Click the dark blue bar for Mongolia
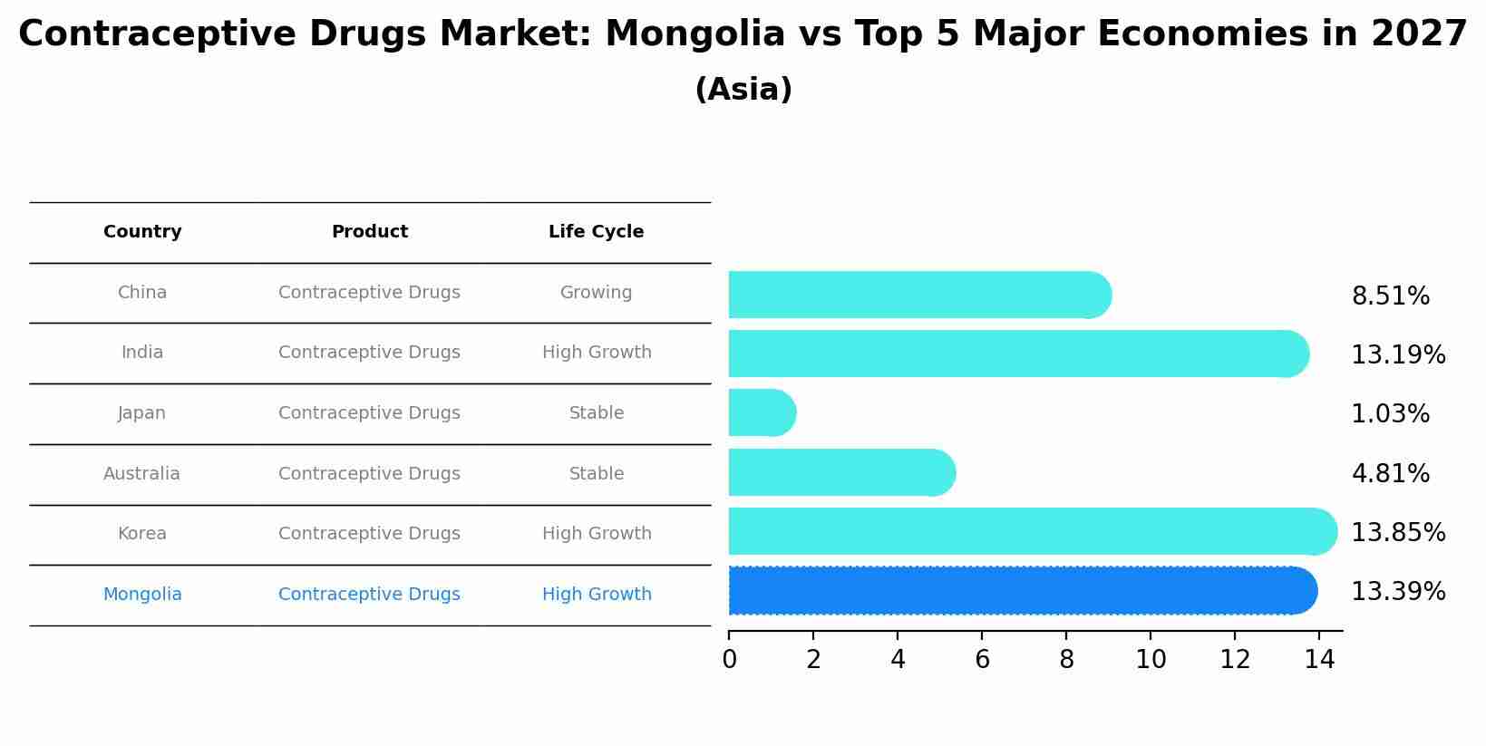pyautogui.click(x=1022, y=591)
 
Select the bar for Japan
pyautogui.click(x=762, y=413)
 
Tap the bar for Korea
pyautogui.click(x=1032, y=532)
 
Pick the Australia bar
pyautogui.click(x=841, y=473)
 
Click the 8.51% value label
pyautogui.click(x=1390, y=296)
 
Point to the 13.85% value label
pyautogui.click(x=1398, y=533)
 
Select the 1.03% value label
pyautogui.click(x=1390, y=414)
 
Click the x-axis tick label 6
pyautogui.click(x=982, y=661)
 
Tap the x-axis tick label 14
pyautogui.click(x=1319, y=661)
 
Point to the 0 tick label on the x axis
pyautogui.click(x=729, y=661)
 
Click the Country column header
pyautogui.click(x=142, y=232)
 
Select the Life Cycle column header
pyautogui.click(x=596, y=232)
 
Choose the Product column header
pyautogui.click(x=369, y=232)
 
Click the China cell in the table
pyautogui.click(x=142, y=293)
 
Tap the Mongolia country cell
pyautogui.click(x=142, y=595)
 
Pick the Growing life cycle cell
pyautogui.click(x=596, y=293)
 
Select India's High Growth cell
pyautogui.click(x=597, y=353)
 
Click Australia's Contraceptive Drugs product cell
pyautogui.click(x=369, y=474)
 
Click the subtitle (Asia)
pyautogui.click(x=743, y=90)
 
